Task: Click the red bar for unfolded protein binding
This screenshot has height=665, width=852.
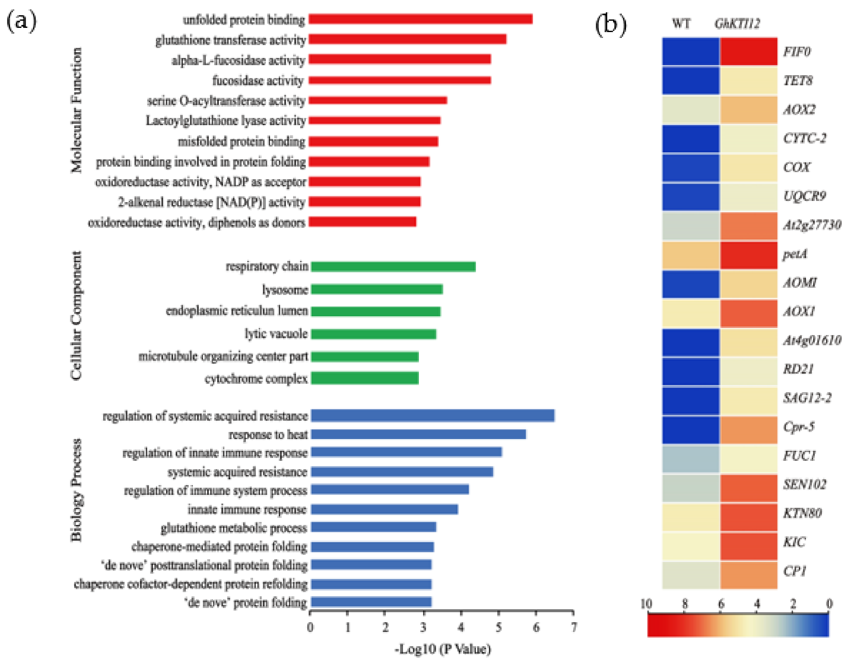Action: tap(420, 19)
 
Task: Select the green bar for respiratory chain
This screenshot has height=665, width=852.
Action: tap(393, 267)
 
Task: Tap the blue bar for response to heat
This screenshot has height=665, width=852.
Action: tap(418, 434)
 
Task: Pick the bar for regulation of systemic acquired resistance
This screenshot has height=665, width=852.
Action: tap(432, 416)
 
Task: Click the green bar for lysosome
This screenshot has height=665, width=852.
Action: tap(376, 289)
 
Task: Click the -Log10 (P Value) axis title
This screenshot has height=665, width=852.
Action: tap(443, 649)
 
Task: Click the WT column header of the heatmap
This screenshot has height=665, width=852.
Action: tap(681, 24)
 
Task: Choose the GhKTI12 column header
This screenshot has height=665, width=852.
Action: tap(737, 24)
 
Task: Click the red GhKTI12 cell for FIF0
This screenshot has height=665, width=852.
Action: tap(749, 52)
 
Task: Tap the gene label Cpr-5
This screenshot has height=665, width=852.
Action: tap(799, 427)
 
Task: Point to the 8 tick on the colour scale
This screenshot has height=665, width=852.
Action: tap(685, 604)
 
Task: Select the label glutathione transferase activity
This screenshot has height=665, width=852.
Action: tap(230, 40)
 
